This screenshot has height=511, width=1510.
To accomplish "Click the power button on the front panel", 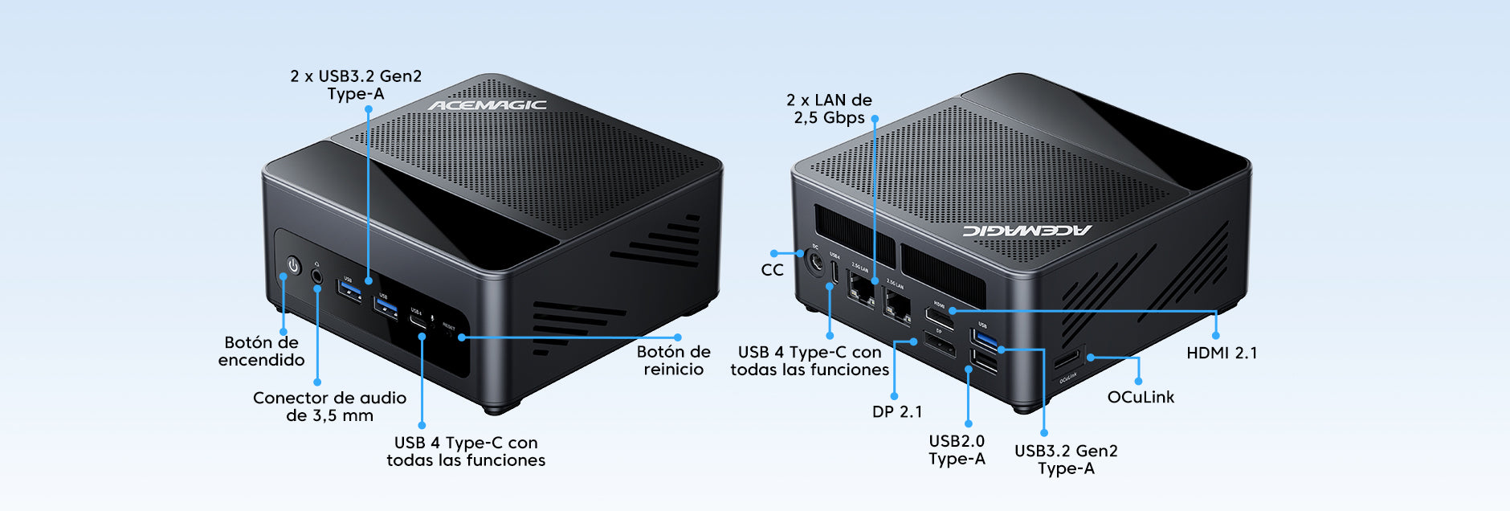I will point(293,265).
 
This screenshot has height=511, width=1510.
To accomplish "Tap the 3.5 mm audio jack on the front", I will point(317,275).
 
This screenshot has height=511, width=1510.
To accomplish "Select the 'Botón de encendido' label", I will point(262,351).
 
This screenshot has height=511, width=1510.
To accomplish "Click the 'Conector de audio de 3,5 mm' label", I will point(329,407).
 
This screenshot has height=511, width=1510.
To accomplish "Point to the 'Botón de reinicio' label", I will point(673,361).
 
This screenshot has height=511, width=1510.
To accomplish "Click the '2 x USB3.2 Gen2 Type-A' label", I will point(356,85).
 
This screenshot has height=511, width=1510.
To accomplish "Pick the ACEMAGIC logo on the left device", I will point(487,105).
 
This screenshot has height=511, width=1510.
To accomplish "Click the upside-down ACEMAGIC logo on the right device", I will point(1027,231).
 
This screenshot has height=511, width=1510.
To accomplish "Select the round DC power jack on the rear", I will point(815,262).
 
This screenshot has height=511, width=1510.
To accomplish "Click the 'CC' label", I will point(772,270).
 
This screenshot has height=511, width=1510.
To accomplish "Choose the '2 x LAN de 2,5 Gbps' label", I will point(829,108).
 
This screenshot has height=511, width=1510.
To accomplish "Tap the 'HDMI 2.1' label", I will point(1222,353).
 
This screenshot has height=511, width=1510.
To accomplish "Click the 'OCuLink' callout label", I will point(1141,397).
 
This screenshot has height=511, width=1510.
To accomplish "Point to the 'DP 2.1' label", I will point(897,411).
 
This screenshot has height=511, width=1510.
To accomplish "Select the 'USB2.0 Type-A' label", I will point(957,450).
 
